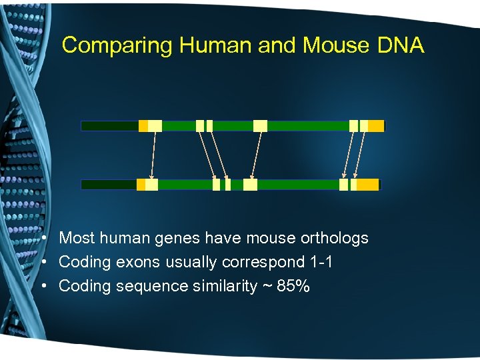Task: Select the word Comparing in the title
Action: point(117,45)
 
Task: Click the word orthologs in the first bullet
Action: point(335,238)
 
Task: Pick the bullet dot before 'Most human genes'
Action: point(42,238)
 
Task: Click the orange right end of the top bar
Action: point(376,125)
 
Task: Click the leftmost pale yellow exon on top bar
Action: point(155,125)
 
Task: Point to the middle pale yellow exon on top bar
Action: point(260,125)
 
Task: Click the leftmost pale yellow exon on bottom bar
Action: point(151,185)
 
